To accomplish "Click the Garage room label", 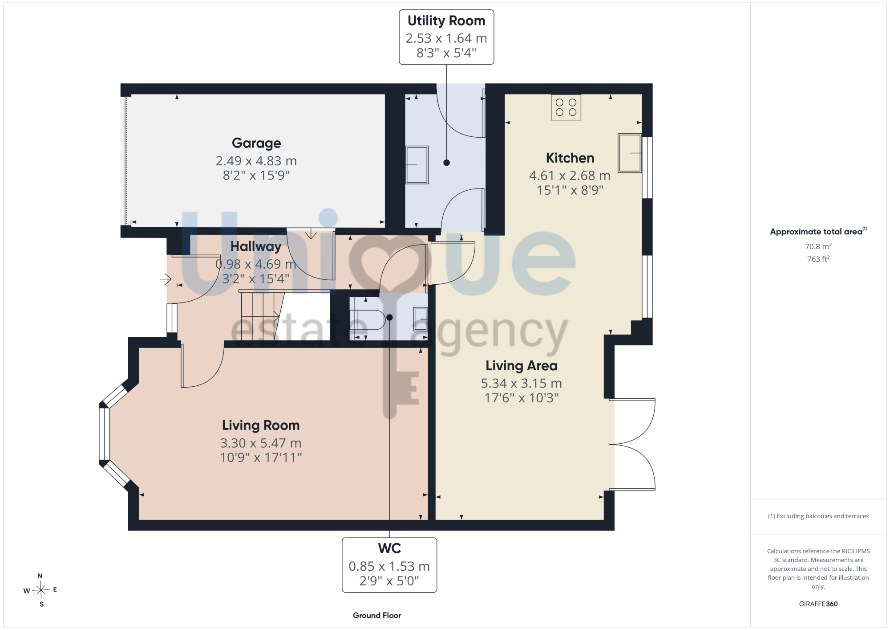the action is click(256, 143).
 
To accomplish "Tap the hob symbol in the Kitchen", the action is click(566, 107).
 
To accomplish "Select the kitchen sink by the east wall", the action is click(630, 153).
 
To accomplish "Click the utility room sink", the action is click(417, 165).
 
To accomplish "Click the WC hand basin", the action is click(421, 319).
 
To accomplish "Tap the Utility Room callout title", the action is click(446, 21).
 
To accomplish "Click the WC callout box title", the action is click(389, 548).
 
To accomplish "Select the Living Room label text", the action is click(261, 425).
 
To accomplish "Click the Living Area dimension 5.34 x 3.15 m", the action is click(521, 383).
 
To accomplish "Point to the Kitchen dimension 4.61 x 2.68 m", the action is click(570, 176).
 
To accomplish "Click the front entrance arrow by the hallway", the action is click(166, 279).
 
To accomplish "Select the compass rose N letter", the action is click(40, 576).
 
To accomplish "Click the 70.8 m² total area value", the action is click(818, 246).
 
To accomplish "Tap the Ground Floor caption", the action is click(377, 615).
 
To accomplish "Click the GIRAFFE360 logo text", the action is click(818, 604).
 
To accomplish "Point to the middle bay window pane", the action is click(104, 434).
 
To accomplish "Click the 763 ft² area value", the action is click(818, 259).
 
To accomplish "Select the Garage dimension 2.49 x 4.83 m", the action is click(256, 161).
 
